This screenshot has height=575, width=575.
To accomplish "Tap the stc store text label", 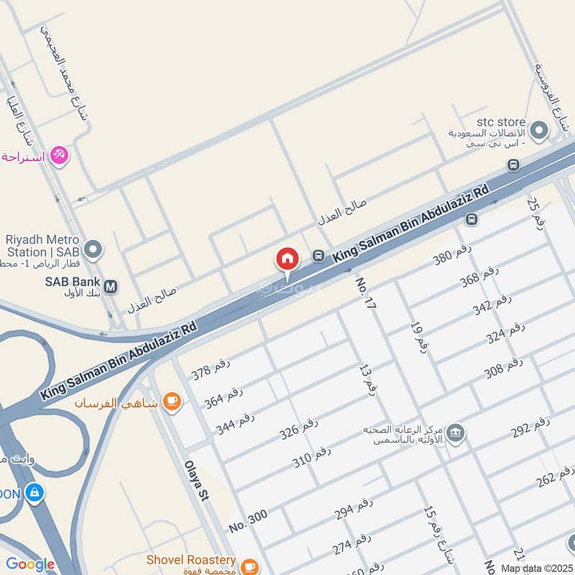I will (x=501, y=122).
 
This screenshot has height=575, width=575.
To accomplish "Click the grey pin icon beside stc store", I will (x=539, y=131).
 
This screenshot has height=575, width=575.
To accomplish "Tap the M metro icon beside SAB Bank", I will (x=111, y=287).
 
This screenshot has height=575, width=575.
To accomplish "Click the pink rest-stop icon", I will (x=60, y=155).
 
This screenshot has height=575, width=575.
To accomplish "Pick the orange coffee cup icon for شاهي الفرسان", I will (x=171, y=402).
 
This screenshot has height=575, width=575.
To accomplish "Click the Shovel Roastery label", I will (x=190, y=559).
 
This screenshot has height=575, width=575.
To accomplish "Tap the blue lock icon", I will (x=33, y=493).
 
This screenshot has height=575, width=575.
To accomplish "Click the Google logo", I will (x=30, y=564).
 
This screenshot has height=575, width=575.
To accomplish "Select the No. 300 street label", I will (x=248, y=520).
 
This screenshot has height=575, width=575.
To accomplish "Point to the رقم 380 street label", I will (x=452, y=254).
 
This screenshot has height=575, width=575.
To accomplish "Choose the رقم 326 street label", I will (x=298, y=429).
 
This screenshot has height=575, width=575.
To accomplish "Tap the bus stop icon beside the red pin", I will (x=318, y=255).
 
